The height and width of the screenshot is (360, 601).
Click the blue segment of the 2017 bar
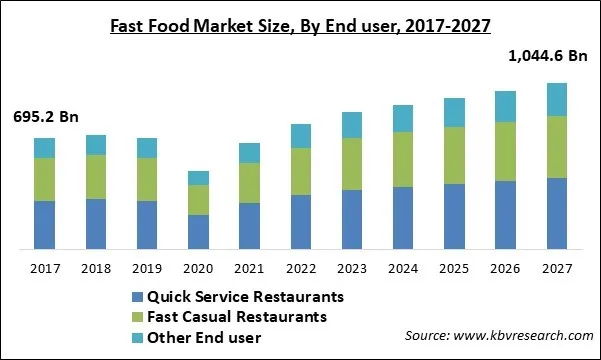pyautogui.click(x=44, y=224)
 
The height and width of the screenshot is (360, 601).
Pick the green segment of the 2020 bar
pyautogui.click(x=199, y=199)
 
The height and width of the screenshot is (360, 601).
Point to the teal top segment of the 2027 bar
pyautogui.click(x=557, y=99)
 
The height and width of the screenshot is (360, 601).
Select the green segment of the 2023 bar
pyautogui.click(x=351, y=164)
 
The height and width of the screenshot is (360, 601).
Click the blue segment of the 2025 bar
pyautogui.click(x=454, y=216)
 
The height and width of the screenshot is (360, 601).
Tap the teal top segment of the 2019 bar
pyautogui.click(x=147, y=148)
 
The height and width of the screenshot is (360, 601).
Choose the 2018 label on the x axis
pyautogui.click(x=96, y=268)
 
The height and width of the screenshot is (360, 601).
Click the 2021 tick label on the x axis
pyautogui.click(x=250, y=268)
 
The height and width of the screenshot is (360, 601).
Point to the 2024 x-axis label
pyautogui.click(x=403, y=268)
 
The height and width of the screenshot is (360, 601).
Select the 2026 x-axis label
pyautogui.click(x=506, y=268)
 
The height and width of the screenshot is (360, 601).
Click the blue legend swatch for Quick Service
pyautogui.click(x=137, y=298)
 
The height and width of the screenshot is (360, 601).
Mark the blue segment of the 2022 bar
pyautogui.click(x=301, y=221)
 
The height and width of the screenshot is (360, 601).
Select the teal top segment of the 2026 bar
pyautogui.click(x=506, y=106)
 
